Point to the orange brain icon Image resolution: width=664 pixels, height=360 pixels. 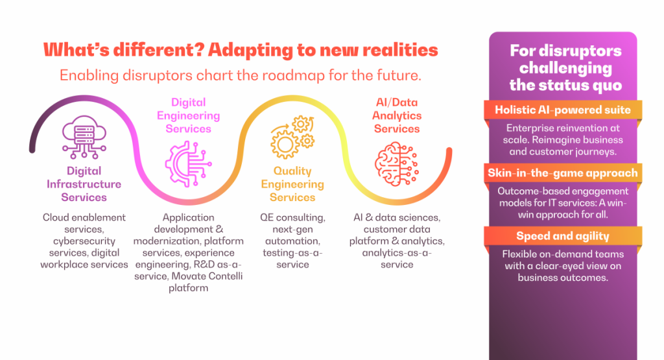coord(397,163)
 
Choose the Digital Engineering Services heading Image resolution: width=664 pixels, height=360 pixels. coord(189,115)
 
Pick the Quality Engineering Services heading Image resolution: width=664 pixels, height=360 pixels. coord(292,184)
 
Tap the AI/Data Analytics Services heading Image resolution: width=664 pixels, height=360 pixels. coord(397,115)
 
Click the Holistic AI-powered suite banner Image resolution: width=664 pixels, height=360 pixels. coord(562,110)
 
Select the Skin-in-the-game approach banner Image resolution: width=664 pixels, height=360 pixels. coord(562,173)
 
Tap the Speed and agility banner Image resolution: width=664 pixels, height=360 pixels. coord(562,235)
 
